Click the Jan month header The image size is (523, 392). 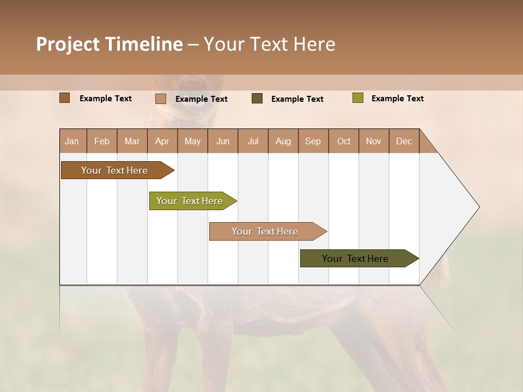point(72,141)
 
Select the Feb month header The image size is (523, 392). point(102,141)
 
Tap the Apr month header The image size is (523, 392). point(162,141)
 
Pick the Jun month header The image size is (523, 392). point(223,141)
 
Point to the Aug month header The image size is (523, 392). point(283,141)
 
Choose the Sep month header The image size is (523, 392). point(313,141)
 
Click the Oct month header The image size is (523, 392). point(344,141)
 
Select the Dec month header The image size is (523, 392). point(404,141)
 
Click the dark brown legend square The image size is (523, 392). point(64,98)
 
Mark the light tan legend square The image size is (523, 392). point(160,99)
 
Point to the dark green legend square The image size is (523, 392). point(257,99)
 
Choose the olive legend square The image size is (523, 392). point(357,98)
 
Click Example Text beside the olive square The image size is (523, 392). point(397,99)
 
